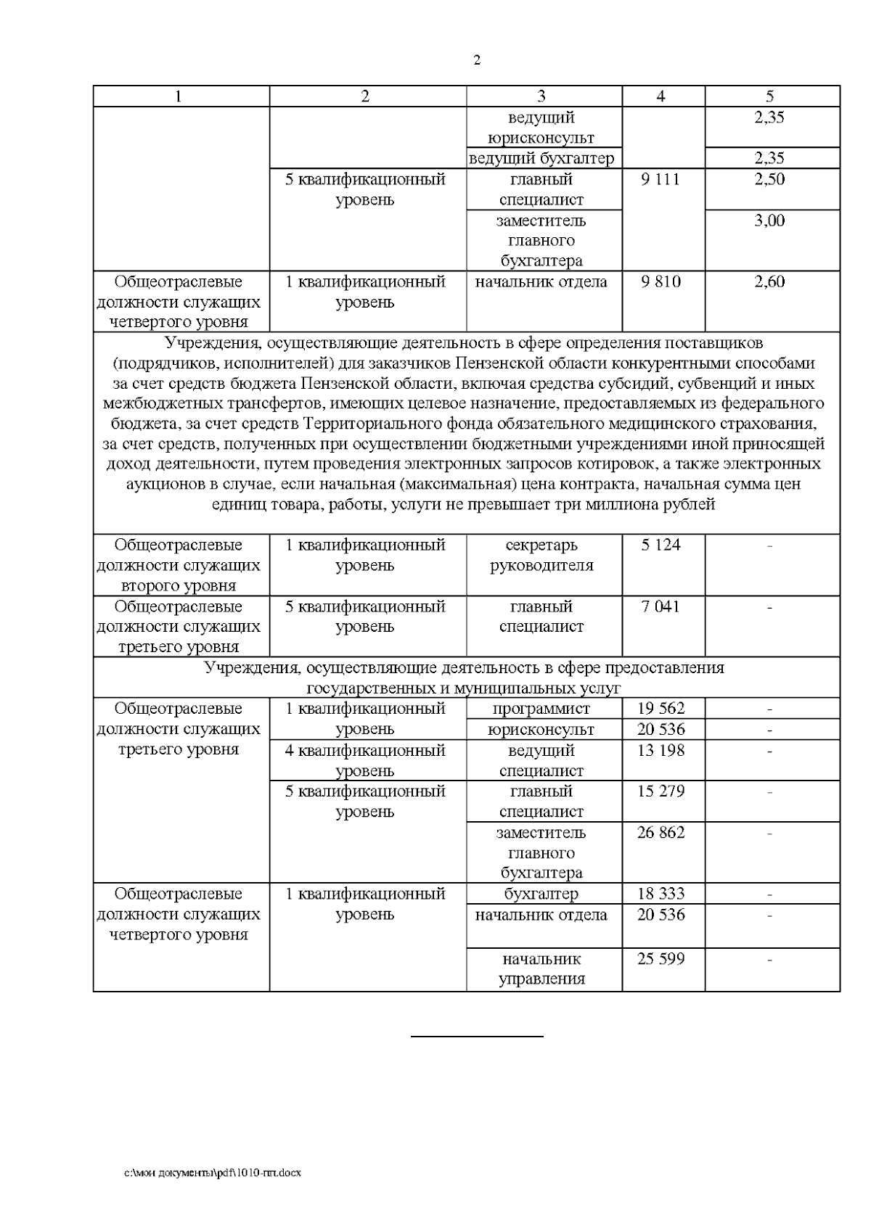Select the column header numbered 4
pyautogui.click(x=661, y=96)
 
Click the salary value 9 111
pyautogui.click(x=661, y=179)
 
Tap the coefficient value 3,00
pyautogui.click(x=769, y=221)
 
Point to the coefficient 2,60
pyautogui.click(x=769, y=282)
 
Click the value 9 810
pyautogui.click(x=661, y=282)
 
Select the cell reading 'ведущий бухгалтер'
pyautogui.click(x=541, y=158)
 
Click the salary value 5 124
pyautogui.click(x=661, y=545)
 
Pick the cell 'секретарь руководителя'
pyautogui.click(x=541, y=555)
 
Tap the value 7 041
pyautogui.click(x=661, y=606)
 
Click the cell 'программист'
pyautogui.click(x=541, y=709)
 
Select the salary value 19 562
pyautogui.click(x=661, y=709)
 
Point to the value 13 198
pyautogui.click(x=661, y=750)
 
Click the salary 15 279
pyautogui.click(x=661, y=791)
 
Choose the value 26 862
pyautogui.click(x=661, y=833)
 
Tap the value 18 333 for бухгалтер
pyautogui.click(x=661, y=894)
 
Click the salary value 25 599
pyautogui.click(x=661, y=959)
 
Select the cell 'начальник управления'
pyautogui.click(x=541, y=969)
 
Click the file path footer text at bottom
pyautogui.click(x=213, y=1172)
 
